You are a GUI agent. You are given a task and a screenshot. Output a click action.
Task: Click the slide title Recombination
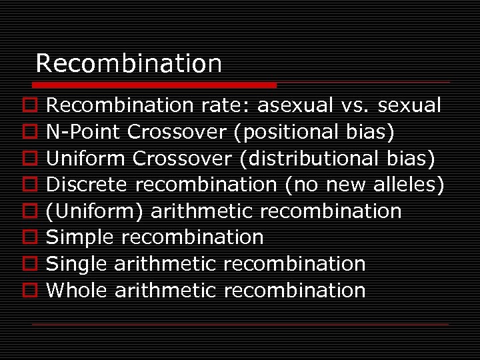129,64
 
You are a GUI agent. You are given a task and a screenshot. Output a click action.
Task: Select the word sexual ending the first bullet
409,105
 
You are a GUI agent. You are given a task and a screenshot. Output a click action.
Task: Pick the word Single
77,264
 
